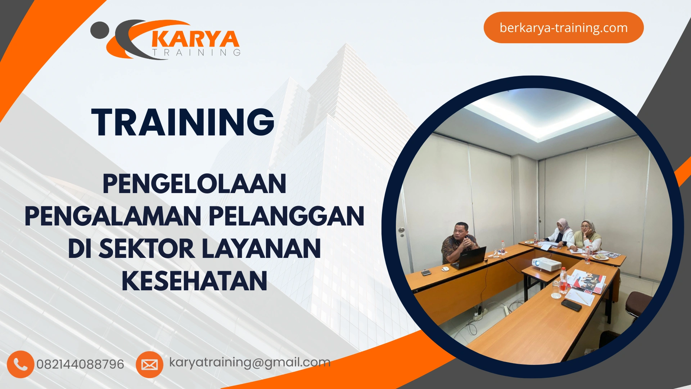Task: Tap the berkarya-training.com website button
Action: click(x=563, y=28)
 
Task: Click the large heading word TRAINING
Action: click(x=183, y=122)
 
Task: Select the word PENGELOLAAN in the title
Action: click(x=194, y=184)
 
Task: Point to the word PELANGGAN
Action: click(x=286, y=216)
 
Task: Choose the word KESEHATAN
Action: click(x=194, y=281)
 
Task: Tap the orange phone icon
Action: click(x=20, y=364)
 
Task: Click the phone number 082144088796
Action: click(x=80, y=364)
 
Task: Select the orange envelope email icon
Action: click(x=149, y=365)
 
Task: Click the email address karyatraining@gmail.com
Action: click(x=250, y=362)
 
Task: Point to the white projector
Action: click(x=546, y=264)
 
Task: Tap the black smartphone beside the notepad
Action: click(x=571, y=305)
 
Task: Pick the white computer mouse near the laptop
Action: click(x=446, y=269)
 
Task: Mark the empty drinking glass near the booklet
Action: click(x=556, y=290)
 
